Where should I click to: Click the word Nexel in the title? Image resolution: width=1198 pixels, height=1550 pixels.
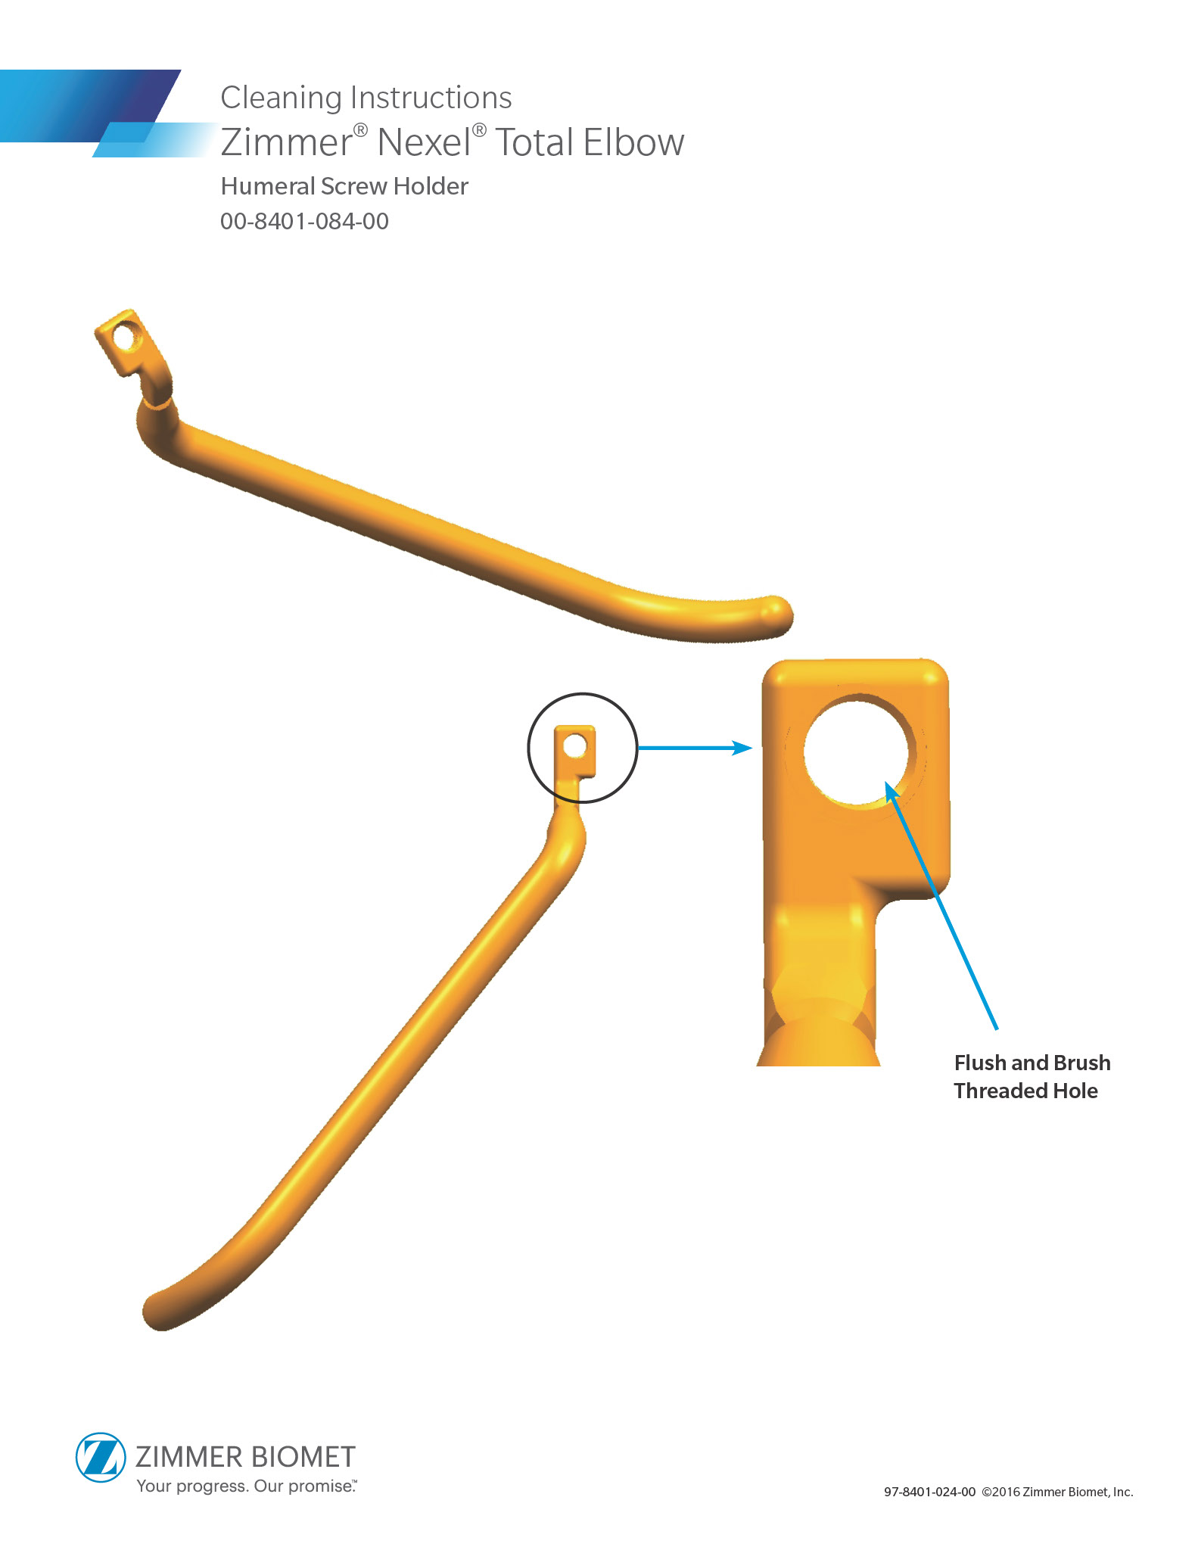[423, 142]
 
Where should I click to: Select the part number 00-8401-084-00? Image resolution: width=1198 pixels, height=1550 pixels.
[304, 222]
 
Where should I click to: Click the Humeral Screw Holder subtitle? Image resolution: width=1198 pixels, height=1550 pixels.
[344, 186]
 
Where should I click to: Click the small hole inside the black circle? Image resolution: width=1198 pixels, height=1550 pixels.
[575, 746]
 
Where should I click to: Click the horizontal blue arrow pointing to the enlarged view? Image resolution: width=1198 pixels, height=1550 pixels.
[695, 749]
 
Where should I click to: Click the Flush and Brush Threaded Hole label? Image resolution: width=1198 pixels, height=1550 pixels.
[1032, 1076]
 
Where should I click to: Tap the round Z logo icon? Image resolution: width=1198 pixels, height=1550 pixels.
[101, 1457]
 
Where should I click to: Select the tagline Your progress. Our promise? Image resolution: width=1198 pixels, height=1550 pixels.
[245, 1486]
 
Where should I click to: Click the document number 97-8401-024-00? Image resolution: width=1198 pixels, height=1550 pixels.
[929, 1492]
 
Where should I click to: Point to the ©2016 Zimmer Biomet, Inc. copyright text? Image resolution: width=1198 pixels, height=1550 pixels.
[1057, 1492]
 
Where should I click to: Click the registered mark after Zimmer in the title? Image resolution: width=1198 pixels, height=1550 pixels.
[361, 130]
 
